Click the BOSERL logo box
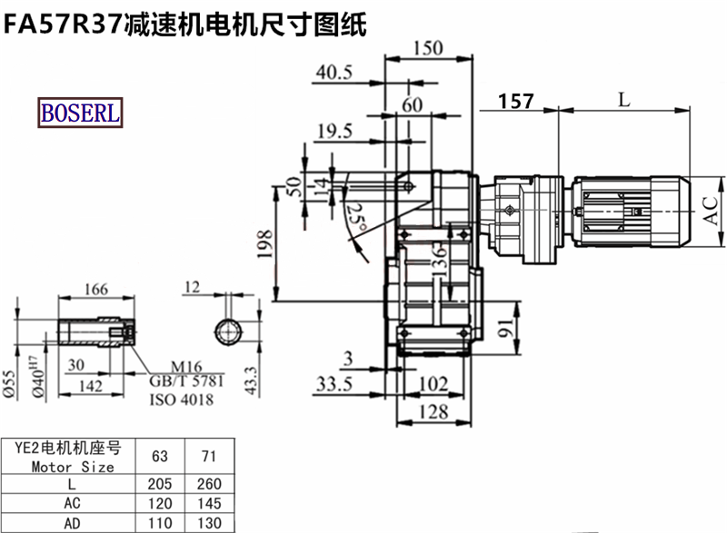click(x=80, y=113)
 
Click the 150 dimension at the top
click(x=428, y=48)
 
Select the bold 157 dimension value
click(x=516, y=102)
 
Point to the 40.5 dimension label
click(x=334, y=73)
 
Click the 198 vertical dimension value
click(x=264, y=243)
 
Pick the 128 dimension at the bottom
click(x=433, y=411)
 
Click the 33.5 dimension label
click(x=334, y=384)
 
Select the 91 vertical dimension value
click(x=506, y=328)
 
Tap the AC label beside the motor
click(x=711, y=212)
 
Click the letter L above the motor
click(x=624, y=99)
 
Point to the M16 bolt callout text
click(x=186, y=367)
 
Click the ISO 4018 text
click(x=181, y=400)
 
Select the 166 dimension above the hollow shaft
click(x=96, y=290)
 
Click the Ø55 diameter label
click(x=9, y=384)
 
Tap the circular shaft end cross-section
click(x=229, y=331)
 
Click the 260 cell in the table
click(x=209, y=484)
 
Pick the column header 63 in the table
click(x=160, y=456)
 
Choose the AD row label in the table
click(x=72, y=524)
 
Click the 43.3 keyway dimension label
click(x=251, y=380)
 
